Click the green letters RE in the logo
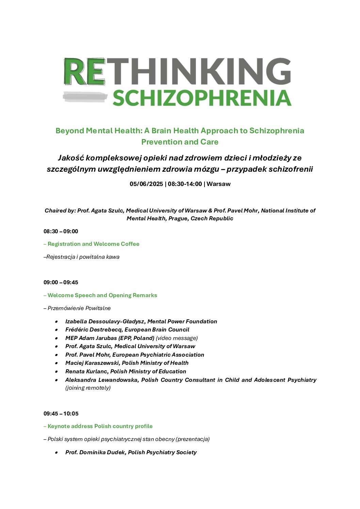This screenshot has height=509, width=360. pos(84,71)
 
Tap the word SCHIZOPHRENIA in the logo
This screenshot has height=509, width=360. pos(202,98)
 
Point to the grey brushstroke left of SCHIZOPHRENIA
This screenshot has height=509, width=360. pos(85,97)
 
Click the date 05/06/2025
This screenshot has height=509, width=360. pos(146,184)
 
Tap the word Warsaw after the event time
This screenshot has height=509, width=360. pos(218,184)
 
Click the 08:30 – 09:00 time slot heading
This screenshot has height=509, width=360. pos(61,232)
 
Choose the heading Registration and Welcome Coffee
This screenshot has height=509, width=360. pos(93,244)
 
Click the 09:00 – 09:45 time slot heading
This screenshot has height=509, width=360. pos(61,283)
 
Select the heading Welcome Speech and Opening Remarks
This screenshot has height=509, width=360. pos(102,295)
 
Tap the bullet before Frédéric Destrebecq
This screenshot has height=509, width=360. pos(56,330)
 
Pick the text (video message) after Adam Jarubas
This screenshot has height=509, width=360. pos(177,338)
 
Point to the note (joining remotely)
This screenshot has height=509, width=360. pos(88,388)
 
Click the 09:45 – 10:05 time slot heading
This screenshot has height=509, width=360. pos(61,414)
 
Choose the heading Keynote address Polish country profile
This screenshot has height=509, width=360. pos(100,426)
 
